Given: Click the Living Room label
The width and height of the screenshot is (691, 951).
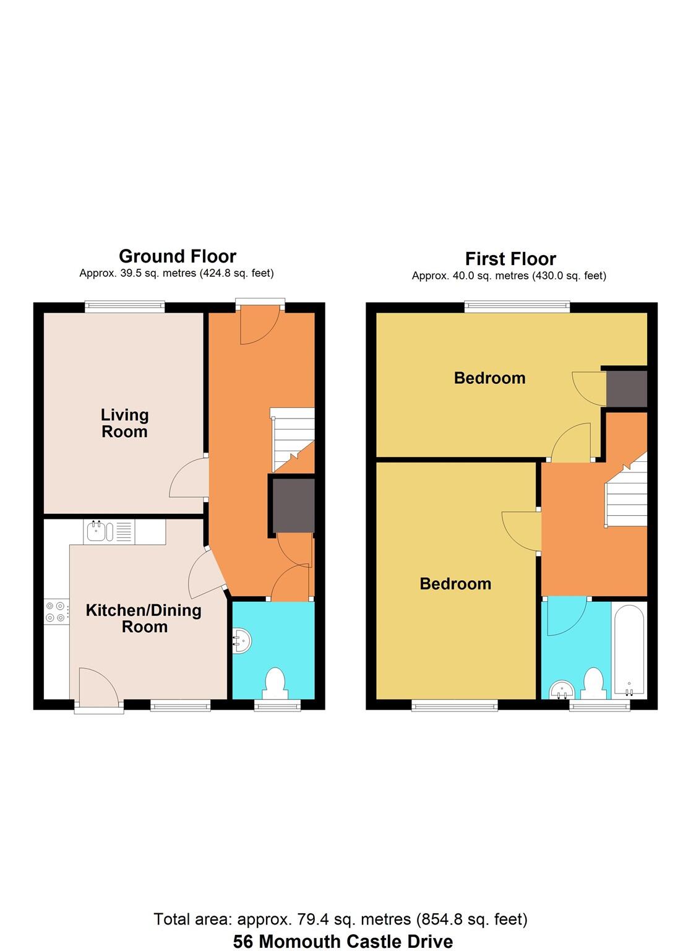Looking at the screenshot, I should click(124, 423).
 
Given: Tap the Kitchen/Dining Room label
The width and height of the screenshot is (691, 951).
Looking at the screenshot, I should click(144, 619).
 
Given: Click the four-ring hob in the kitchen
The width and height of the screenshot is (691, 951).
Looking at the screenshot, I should click(55, 612).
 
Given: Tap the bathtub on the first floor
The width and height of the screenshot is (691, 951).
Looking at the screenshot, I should click(629, 650).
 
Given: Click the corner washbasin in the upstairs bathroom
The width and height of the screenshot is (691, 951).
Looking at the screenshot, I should click(560, 689).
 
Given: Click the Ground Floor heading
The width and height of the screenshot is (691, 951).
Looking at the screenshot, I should click(178, 256).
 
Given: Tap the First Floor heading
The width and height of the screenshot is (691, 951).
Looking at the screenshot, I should click(510, 259).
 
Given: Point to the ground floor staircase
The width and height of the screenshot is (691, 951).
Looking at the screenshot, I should click(293, 439).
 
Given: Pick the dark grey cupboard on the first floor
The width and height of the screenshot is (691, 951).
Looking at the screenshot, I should click(627, 389).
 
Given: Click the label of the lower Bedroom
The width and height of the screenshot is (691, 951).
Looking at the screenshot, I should click(455, 584).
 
